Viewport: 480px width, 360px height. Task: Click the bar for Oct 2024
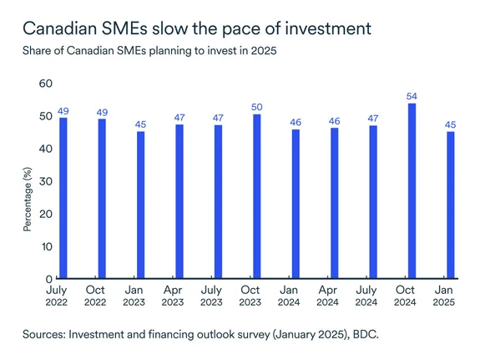point(412,190)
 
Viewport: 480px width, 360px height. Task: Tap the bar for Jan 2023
point(140,205)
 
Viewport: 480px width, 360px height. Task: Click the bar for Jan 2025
point(451,205)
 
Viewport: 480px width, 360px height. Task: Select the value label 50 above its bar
point(256,108)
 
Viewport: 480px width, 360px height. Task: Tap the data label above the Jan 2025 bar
point(451,125)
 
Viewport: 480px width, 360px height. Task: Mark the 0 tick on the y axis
point(48,279)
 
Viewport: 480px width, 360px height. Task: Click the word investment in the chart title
point(323,29)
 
